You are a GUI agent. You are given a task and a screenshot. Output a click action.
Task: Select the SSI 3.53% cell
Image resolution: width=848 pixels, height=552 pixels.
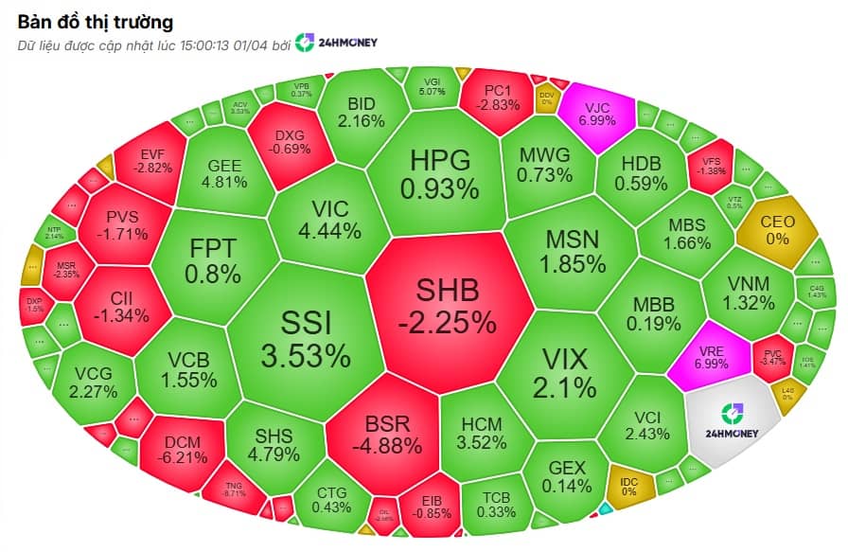tap(306, 340)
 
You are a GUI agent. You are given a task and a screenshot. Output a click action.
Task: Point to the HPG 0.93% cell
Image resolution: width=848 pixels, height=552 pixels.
tap(439, 173)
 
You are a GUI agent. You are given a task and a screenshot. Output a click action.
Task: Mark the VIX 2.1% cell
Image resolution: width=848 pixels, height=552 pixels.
tap(564, 371)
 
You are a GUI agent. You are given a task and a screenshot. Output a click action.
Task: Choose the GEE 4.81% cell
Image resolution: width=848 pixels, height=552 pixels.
tap(224, 172)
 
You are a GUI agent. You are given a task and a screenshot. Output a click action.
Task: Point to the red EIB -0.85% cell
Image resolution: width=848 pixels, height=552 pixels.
tap(424, 507)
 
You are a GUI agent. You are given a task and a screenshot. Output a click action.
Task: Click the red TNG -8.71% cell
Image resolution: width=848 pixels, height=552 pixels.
tap(234, 487)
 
